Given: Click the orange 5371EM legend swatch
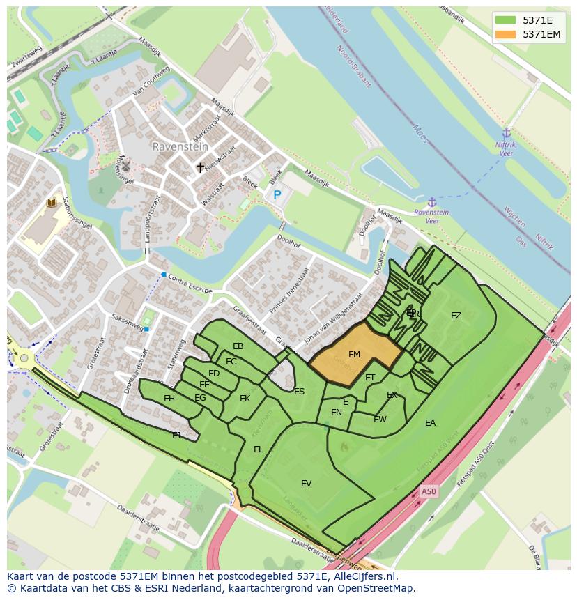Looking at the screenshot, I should [506, 34].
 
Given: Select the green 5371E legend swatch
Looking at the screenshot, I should [506, 20].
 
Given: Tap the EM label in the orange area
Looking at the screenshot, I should [354, 355].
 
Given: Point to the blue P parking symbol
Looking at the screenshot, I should [277, 196].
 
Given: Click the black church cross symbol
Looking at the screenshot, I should [201, 167].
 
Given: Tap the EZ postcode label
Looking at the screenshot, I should [456, 316].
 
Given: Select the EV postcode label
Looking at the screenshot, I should [306, 484].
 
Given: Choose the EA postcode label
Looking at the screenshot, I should [430, 423].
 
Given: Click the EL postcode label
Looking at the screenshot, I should [259, 449].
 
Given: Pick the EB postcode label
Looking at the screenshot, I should [238, 346].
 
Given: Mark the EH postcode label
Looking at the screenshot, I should [169, 399].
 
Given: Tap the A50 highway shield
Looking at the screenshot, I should [429, 492].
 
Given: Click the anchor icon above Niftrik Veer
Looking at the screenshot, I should [507, 133].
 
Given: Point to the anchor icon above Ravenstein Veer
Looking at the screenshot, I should [432, 201].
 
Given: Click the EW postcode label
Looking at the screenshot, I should [380, 420].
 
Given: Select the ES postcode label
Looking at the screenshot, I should [299, 392].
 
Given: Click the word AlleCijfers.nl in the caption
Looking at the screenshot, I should [362, 576].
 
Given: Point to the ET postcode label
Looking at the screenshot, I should [370, 378].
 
